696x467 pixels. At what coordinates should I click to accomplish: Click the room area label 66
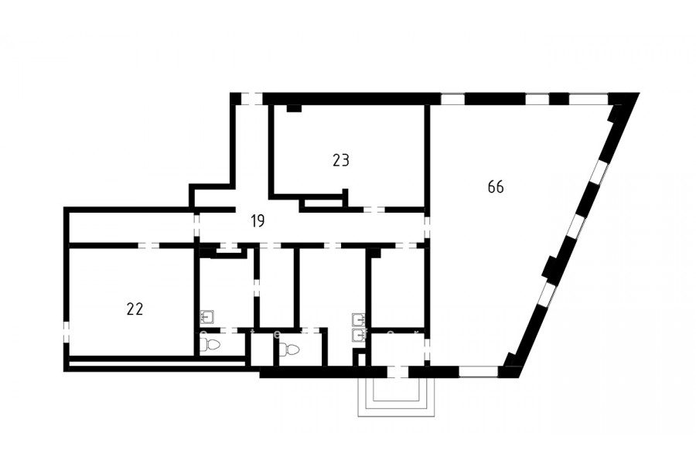[496, 187]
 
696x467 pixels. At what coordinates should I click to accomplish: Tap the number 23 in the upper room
[341, 160]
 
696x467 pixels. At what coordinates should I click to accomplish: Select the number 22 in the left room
[135, 309]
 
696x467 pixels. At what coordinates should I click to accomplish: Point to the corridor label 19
[258, 220]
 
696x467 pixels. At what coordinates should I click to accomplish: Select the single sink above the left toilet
[208, 316]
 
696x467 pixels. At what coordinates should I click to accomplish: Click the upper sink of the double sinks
[358, 319]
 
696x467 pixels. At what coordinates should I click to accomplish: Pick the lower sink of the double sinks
[358, 335]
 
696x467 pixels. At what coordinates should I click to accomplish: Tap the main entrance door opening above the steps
[397, 372]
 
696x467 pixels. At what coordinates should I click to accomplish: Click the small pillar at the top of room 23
[294, 108]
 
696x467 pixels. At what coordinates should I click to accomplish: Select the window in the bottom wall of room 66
[479, 372]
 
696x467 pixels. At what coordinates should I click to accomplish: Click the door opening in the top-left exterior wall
[251, 98]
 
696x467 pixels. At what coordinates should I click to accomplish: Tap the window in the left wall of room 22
[67, 332]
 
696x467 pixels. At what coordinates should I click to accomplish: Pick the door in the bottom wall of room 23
[374, 210]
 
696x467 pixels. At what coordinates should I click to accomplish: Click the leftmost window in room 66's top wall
[452, 98]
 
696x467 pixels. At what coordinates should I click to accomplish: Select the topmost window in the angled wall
[599, 172]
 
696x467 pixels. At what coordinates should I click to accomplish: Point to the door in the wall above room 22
[148, 246]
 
